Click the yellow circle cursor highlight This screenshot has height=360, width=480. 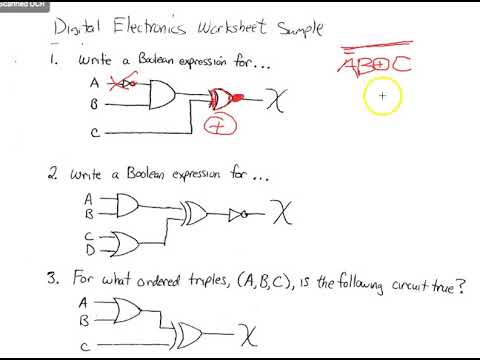point(382,97)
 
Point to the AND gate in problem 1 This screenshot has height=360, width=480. point(160,96)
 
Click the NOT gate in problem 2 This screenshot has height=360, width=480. point(236,215)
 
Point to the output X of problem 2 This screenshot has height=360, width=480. point(286,214)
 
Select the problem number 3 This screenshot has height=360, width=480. point(56,277)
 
